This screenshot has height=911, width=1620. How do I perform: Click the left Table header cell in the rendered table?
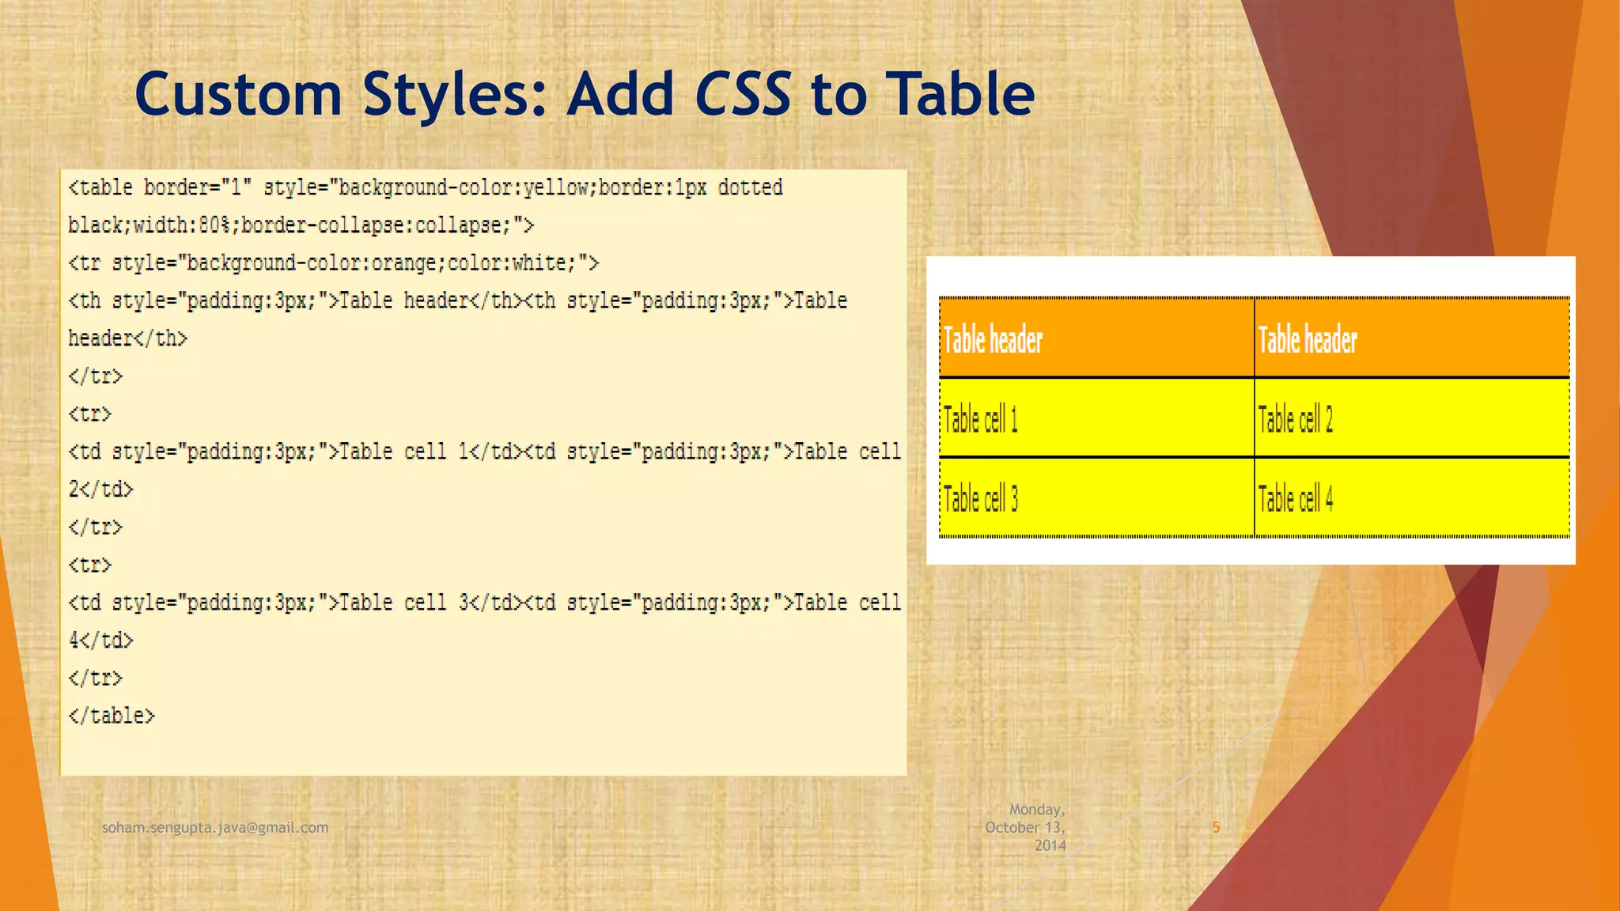[993, 340]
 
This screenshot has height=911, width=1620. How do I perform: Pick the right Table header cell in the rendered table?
[1308, 340]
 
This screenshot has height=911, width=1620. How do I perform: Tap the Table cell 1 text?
[980, 419]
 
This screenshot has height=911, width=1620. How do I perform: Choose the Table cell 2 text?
[1295, 419]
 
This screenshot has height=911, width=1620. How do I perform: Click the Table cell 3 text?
[980, 499]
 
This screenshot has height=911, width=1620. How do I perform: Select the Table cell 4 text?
[1295, 499]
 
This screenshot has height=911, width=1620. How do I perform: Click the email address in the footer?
[215, 827]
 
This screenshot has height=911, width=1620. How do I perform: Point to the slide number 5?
[1216, 827]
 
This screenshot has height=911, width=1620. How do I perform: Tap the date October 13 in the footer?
[1024, 827]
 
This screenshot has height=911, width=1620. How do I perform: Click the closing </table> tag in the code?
[112, 716]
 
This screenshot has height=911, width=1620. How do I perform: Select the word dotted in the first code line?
[750, 187]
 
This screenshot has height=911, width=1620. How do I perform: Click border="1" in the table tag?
[197, 187]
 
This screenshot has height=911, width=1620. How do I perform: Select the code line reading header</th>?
[127, 338]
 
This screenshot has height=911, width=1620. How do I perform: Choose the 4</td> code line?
[100, 640]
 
